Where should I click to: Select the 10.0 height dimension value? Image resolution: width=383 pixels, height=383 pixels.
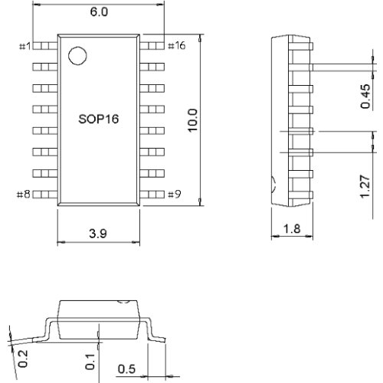(x=192, y=121)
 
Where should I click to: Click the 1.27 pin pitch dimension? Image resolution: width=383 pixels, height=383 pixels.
(x=365, y=185)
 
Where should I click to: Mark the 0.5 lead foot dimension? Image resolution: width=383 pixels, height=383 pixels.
(x=127, y=369)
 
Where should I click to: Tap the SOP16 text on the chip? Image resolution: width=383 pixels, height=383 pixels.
(x=98, y=120)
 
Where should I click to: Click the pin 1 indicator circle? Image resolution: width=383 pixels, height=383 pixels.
(x=76, y=56)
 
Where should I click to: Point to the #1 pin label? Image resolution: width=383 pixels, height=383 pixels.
(x=23, y=47)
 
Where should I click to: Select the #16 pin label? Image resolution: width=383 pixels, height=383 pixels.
(x=175, y=46)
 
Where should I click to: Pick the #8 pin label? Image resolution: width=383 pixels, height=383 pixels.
(x=23, y=195)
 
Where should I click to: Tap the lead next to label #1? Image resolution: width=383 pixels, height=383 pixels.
(x=44, y=46)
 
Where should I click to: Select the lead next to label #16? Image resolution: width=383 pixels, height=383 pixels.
(x=152, y=46)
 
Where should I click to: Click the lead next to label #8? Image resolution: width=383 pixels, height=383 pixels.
(x=44, y=195)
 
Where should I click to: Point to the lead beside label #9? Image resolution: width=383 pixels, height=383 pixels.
(x=152, y=195)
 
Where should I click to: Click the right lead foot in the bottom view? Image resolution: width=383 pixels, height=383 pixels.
(x=158, y=337)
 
